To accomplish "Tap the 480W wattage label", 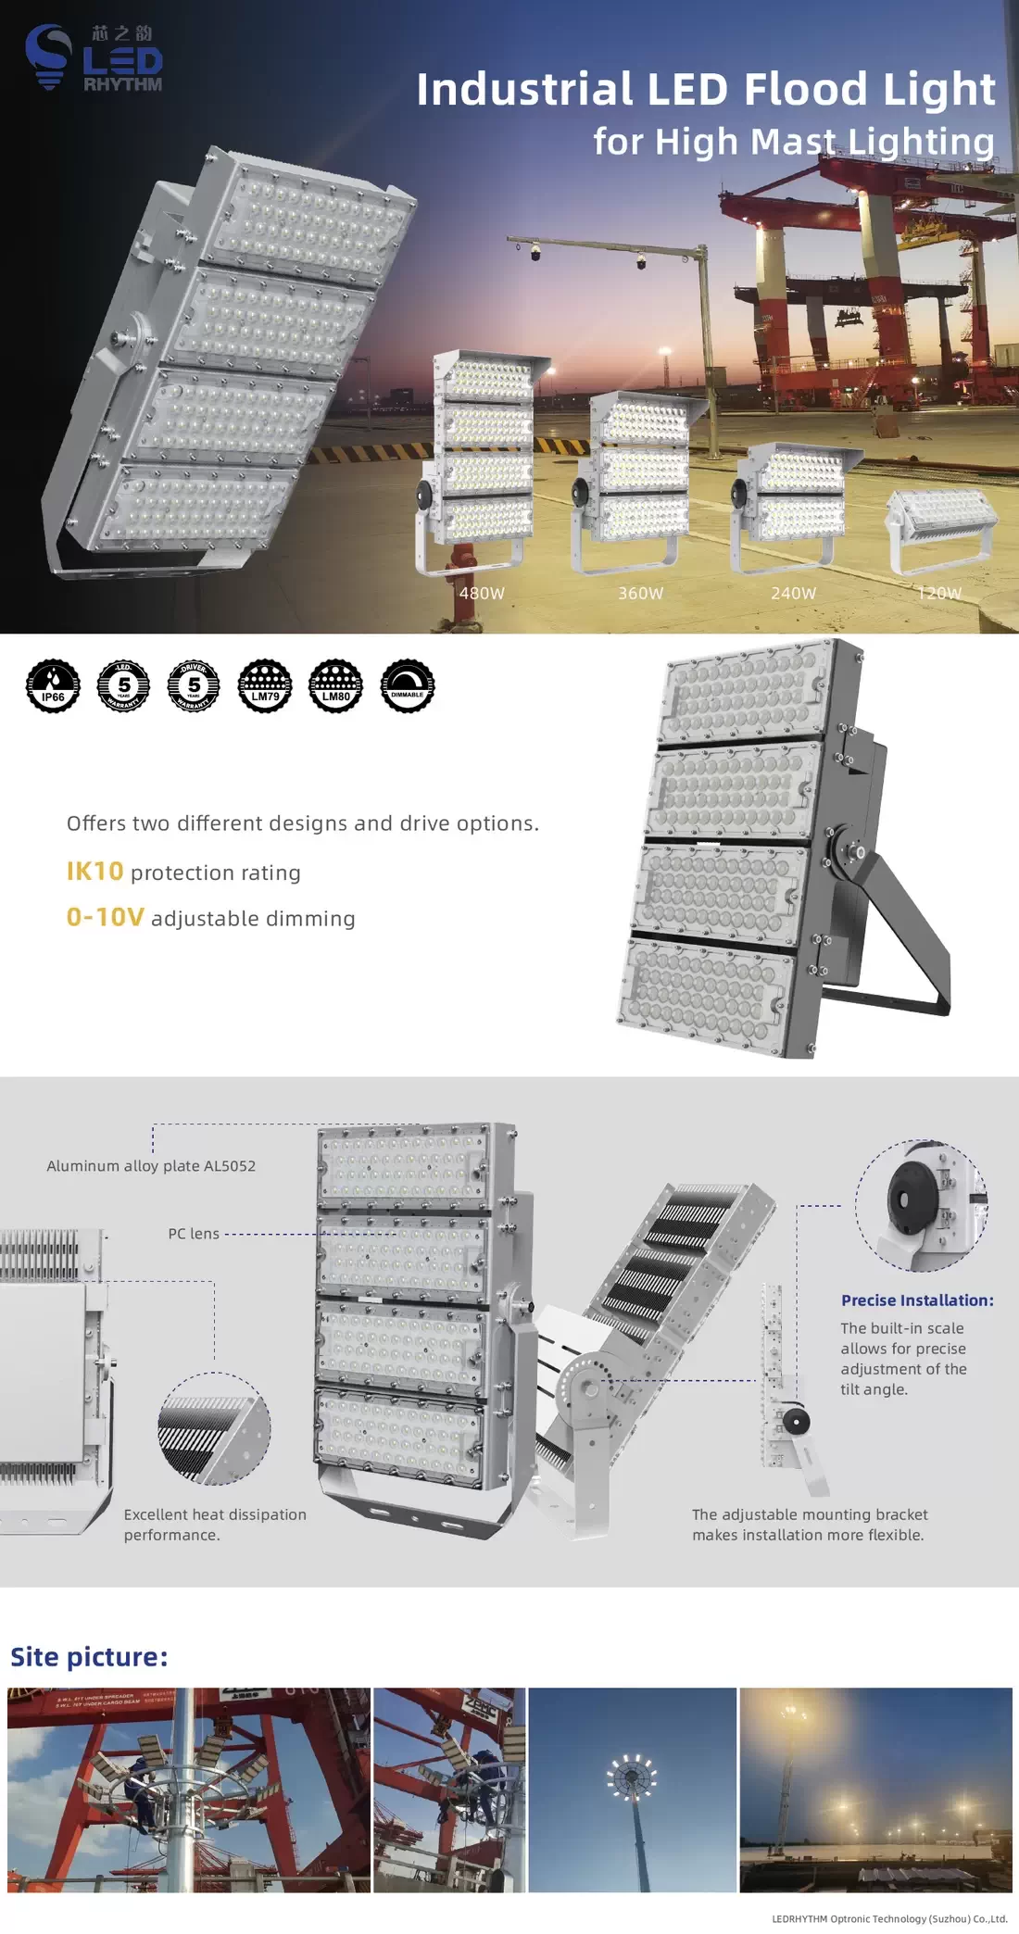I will pyautogui.click(x=482, y=593).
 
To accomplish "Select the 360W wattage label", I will pyautogui.click(x=641, y=593).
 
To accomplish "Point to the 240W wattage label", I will pyautogui.click(x=794, y=593).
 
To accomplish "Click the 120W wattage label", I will pyautogui.click(x=939, y=593).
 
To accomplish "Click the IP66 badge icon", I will pyautogui.click(x=54, y=686).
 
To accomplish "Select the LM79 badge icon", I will pyautogui.click(x=265, y=686).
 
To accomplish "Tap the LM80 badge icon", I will pyautogui.click(x=336, y=686).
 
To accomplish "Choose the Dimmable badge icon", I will pyautogui.click(x=408, y=686).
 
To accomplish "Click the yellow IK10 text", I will pyautogui.click(x=94, y=872).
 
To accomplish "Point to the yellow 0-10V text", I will pyautogui.click(x=106, y=917).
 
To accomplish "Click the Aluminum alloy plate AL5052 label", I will pyautogui.click(x=151, y=1166).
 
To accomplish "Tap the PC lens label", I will pyautogui.click(x=194, y=1234).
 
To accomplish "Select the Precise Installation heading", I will pyautogui.click(x=917, y=1300).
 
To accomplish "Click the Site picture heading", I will pyautogui.click(x=89, y=1657).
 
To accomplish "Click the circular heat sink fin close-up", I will pyautogui.click(x=214, y=1427).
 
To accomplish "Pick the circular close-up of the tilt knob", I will pyautogui.click(x=921, y=1205).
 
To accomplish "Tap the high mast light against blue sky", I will pyautogui.click(x=632, y=1789).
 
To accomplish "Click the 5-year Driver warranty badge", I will pyautogui.click(x=194, y=686).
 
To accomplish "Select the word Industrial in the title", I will pyautogui.click(x=524, y=90).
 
